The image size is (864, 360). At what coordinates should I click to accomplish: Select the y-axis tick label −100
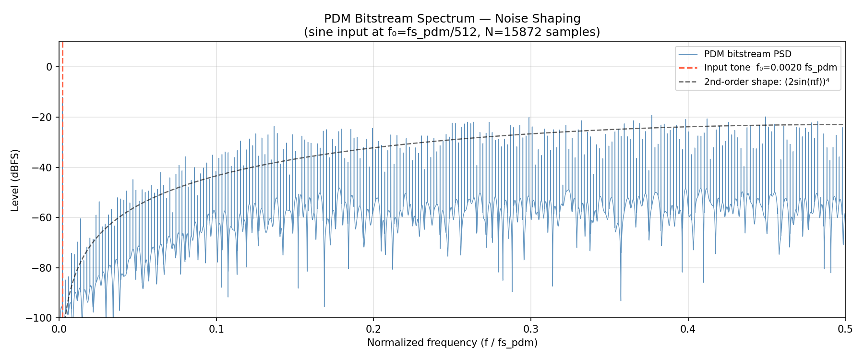pos(40,318)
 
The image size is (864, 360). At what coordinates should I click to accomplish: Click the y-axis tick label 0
pos(49,67)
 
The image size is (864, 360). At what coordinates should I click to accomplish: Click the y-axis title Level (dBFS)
pos(15,180)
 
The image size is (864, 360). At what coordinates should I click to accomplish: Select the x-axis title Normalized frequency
pos(452,343)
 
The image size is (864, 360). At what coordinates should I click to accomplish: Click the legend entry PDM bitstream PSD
pos(747,54)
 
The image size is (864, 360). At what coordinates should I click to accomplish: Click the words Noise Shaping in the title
pos(538,19)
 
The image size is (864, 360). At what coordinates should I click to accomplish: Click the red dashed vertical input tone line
pos(62,192)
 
